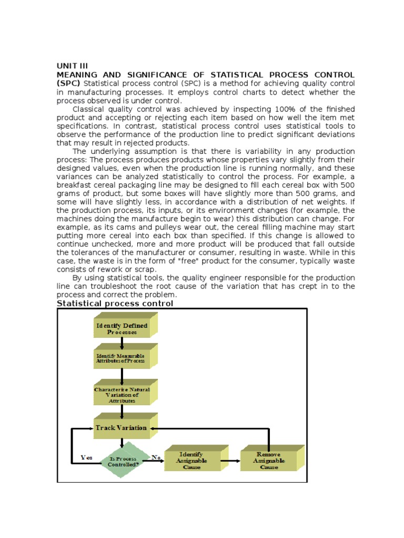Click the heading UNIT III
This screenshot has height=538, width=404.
(x=73, y=66)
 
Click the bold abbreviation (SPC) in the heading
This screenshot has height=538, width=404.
(x=69, y=84)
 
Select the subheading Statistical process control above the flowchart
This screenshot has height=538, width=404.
(x=115, y=303)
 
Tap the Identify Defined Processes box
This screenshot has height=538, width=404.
(x=122, y=329)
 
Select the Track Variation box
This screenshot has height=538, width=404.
(x=121, y=428)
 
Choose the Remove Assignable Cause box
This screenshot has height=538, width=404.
(x=269, y=461)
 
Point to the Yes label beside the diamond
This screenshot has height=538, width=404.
(x=86, y=457)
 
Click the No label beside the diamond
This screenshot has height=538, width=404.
(x=156, y=457)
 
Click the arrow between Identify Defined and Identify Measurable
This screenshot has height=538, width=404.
(x=122, y=343)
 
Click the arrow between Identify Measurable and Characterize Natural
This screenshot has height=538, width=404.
(x=122, y=376)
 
